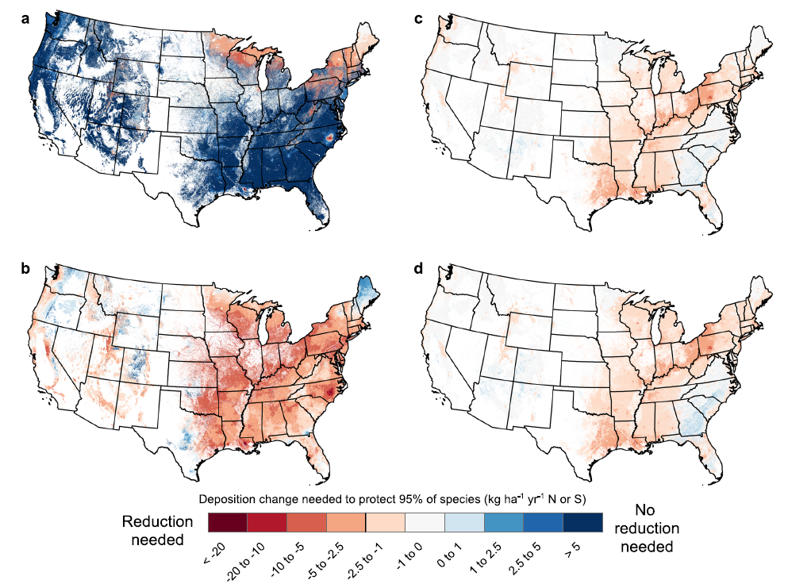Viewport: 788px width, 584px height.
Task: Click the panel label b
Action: (25, 269)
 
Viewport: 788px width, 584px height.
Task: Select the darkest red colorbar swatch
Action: (227, 522)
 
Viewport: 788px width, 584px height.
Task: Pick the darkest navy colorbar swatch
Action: (582, 522)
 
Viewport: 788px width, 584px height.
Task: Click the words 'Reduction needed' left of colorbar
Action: (157, 530)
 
